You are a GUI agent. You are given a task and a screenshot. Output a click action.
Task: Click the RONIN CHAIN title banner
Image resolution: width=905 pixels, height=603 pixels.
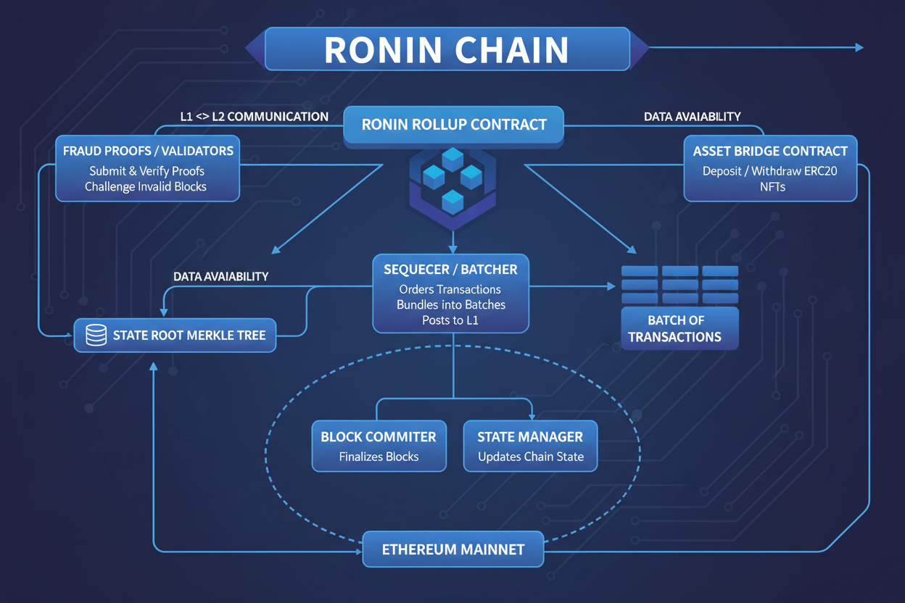(447, 49)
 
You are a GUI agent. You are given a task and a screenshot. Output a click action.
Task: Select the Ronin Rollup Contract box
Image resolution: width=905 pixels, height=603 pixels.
(454, 125)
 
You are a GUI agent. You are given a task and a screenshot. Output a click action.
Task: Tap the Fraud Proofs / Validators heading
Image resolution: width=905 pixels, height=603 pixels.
(148, 151)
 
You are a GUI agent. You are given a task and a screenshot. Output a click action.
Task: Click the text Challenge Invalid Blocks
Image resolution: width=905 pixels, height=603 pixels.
(146, 187)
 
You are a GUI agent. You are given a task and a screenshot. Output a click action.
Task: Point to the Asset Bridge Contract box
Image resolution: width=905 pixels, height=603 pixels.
(770, 168)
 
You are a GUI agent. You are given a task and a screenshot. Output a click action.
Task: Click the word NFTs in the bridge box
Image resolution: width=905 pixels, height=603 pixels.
(770, 187)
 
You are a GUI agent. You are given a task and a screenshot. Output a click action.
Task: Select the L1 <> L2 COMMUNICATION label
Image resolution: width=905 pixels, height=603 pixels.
(254, 117)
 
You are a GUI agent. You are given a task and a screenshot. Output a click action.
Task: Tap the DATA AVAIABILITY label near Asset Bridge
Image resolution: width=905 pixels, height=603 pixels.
(692, 117)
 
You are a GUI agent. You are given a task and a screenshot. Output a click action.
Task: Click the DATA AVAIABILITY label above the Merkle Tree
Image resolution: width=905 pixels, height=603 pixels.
(220, 277)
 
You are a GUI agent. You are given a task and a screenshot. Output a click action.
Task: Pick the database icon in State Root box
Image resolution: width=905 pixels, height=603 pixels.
(96, 336)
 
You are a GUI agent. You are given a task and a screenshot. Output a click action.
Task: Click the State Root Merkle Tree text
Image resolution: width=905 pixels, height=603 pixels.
(189, 336)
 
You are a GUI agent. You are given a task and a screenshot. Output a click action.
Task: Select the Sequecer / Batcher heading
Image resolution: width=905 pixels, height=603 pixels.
(450, 270)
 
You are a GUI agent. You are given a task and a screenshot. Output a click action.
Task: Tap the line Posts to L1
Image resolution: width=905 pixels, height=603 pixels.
(450, 320)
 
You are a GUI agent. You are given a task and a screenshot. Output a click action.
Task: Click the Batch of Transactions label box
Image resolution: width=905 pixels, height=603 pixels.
(679, 328)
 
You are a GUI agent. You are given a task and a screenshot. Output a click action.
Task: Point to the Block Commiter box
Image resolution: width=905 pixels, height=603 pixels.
(379, 446)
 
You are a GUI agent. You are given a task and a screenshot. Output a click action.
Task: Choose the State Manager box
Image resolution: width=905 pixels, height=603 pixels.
(530, 446)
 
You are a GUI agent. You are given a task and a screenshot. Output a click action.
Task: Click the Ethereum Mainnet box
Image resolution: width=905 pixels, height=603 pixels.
(452, 549)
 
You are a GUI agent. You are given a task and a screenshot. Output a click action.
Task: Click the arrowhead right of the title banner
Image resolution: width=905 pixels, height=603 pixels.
(859, 48)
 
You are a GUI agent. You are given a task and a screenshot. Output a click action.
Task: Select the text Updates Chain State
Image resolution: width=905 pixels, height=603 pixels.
(530, 457)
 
